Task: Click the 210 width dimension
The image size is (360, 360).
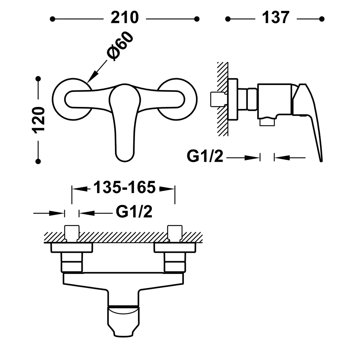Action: point(125,18)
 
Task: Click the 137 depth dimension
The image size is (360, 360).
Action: point(276,18)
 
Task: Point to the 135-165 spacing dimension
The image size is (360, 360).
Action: point(124,187)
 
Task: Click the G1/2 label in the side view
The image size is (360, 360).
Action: point(205,156)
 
